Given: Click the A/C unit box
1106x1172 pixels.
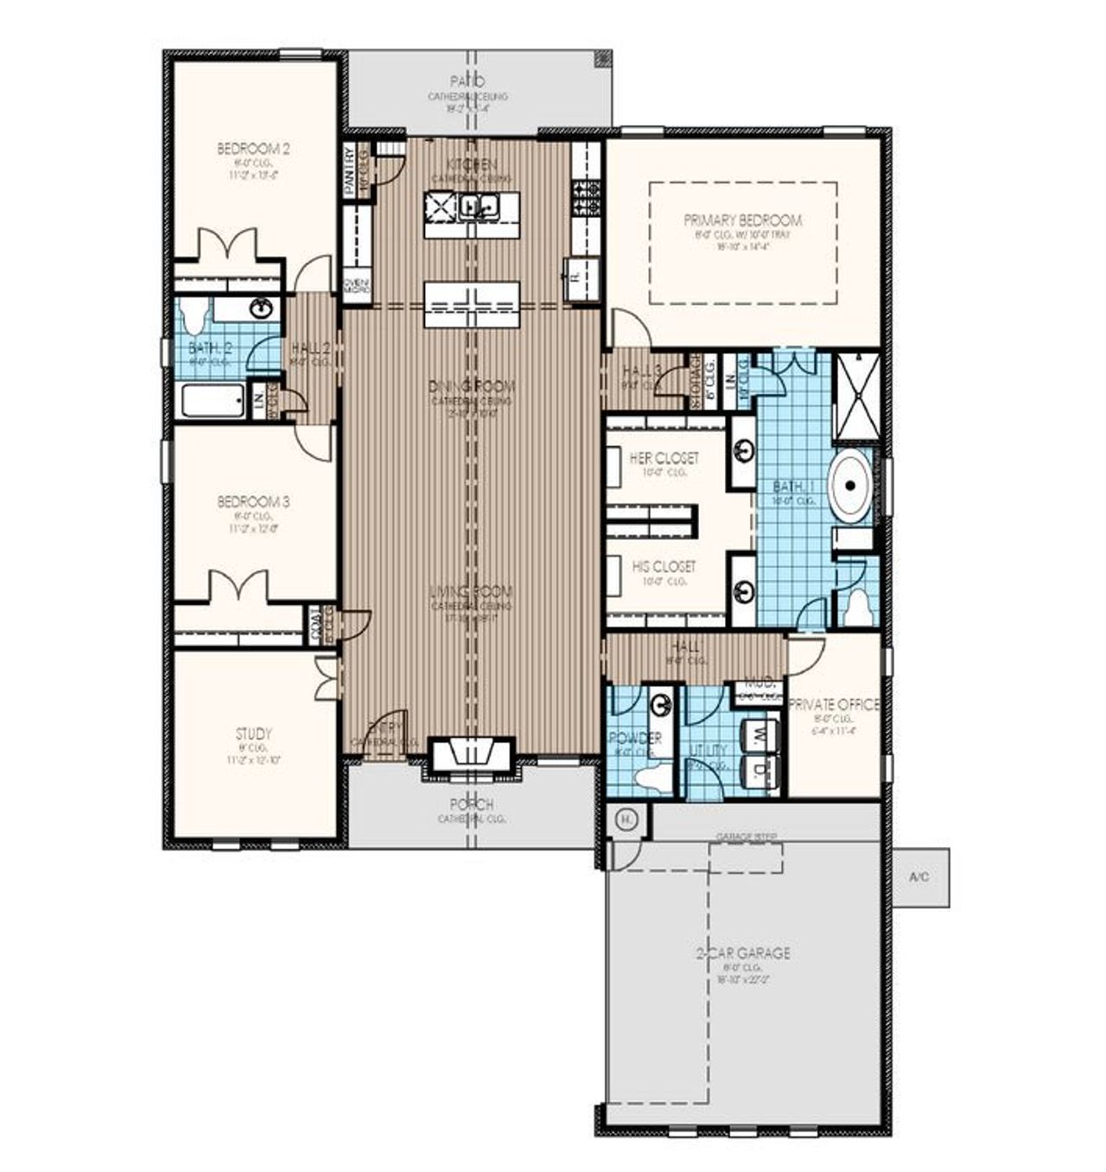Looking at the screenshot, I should pyautogui.click(x=920, y=877).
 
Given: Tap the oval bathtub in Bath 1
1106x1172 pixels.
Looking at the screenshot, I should pyautogui.click(x=851, y=486).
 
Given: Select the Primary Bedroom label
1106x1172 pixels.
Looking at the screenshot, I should pyautogui.click(x=742, y=220).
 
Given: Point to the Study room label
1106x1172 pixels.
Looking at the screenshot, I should pyautogui.click(x=253, y=734).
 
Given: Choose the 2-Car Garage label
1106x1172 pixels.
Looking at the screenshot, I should pyautogui.click(x=743, y=952).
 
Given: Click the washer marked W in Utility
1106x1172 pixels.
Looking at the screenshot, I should pyautogui.click(x=761, y=735).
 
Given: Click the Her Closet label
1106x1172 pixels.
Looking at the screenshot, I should pyautogui.click(x=664, y=457).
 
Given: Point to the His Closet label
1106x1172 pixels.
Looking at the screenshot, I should pyautogui.click(x=664, y=566).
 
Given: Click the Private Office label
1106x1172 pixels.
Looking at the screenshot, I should pyautogui.click(x=834, y=704).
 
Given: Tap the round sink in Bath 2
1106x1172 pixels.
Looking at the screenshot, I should pyautogui.click(x=258, y=308).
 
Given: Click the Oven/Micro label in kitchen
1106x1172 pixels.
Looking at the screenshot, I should pyautogui.click(x=356, y=286).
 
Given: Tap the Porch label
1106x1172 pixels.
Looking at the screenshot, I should pyautogui.click(x=472, y=804).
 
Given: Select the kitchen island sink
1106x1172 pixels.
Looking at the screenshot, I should pyautogui.click(x=480, y=206).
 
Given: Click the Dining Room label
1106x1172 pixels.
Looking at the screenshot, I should pyautogui.click(x=472, y=385).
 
